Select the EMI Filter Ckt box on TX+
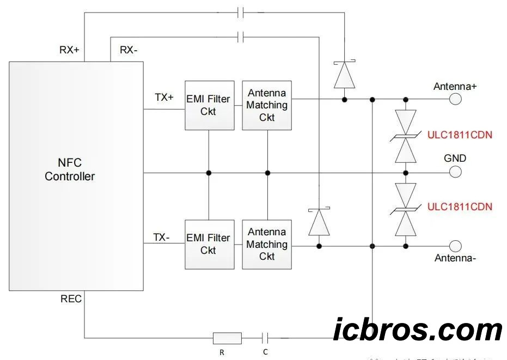tap(209, 105)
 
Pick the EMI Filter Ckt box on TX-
tap(209, 244)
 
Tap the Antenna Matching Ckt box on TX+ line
tap(266, 105)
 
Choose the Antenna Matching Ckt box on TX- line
tap(266, 244)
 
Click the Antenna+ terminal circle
tap(455, 99)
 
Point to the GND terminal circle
tap(455, 172)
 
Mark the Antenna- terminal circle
tap(455, 246)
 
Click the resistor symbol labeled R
tap(227, 338)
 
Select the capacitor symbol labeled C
tap(266, 338)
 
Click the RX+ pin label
tap(69, 50)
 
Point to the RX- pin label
tap(129, 50)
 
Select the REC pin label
tap(71, 299)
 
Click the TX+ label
tap(164, 97)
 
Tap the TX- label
tap(161, 237)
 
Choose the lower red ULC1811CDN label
tap(460, 206)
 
